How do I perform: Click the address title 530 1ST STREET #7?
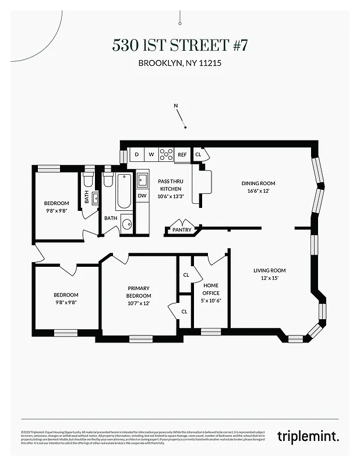(x=179, y=46)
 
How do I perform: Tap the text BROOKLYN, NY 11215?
(x=179, y=63)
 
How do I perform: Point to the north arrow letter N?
(x=176, y=105)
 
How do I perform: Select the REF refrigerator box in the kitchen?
(x=182, y=154)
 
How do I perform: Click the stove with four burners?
(x=166, y=154)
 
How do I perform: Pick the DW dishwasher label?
(x=142, y=195)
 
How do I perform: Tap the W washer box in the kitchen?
(x=151, y=154)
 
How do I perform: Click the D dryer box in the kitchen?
(x=136, y=154)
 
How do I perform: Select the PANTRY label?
(x=182, y=230)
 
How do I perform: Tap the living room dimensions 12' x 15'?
(x=269, y=278)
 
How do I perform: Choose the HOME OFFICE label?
(x=211, y=289)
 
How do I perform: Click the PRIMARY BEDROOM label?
(x=139, y=292)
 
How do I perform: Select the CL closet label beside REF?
(x=198, y=154)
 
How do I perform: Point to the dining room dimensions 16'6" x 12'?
(x=257, y=191)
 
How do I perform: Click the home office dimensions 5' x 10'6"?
(x=211, y=300)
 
